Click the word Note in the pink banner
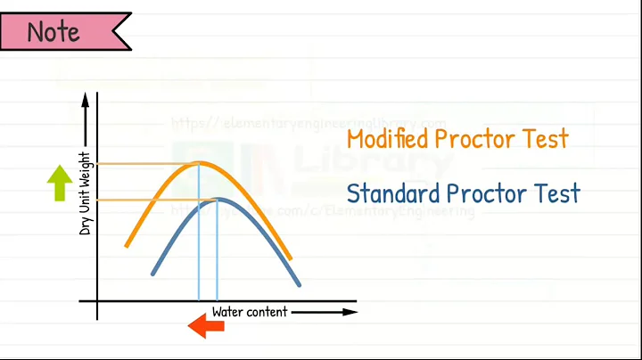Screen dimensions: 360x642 pos(53,32)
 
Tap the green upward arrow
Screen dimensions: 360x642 pos(60,182)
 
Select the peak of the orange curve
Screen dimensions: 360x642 pos(199,163)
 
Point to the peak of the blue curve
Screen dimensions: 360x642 pos(218,199)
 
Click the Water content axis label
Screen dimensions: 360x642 pos(250,312)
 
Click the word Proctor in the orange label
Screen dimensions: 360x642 pos(480,140)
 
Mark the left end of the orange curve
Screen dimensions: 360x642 pos(127,244)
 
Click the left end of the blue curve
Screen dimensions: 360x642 pos(153,273)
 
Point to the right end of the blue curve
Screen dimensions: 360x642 pos(300,285)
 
